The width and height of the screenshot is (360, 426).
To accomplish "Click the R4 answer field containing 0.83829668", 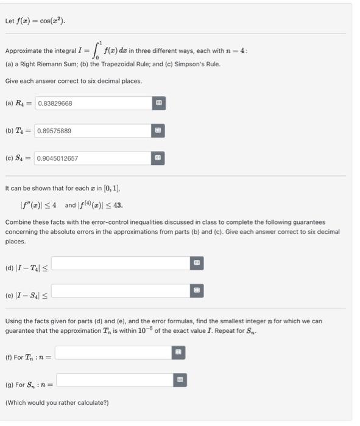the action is click(x=93, y=103).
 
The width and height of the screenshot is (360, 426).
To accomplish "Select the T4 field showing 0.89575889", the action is click(x=93, y=131).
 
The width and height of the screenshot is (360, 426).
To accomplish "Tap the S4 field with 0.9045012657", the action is click(x=93, y=158).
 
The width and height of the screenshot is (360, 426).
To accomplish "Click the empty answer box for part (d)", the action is click(x=121, y=263).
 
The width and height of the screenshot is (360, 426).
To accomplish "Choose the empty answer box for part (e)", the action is click(x=121, y=291).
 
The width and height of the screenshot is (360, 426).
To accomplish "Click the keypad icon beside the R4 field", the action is click(x=158, y=103).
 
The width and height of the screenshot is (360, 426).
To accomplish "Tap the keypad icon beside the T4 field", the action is click(x=158, y=131).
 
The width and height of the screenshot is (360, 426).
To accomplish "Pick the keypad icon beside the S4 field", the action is click(x=158, y=158).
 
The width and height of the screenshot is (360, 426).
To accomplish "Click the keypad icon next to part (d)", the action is click(x=196, y=263).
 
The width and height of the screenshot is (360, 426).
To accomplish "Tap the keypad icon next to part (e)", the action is click(x=196, y=291).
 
